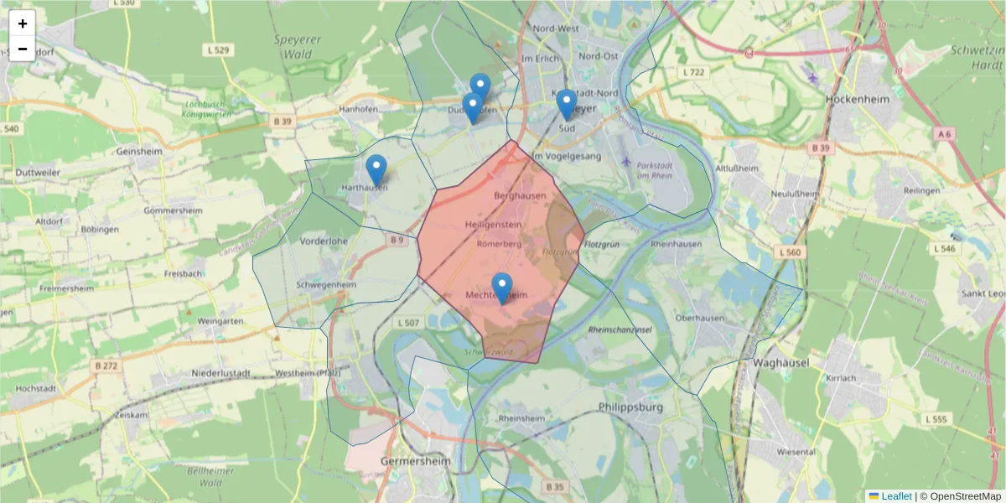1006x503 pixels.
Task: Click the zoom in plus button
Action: (x=23, y=23)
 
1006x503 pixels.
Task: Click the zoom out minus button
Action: (x=23, y=49)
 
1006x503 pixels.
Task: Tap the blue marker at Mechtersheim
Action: (x=502, y=288)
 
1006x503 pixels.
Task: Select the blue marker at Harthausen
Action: (x=376, y=170)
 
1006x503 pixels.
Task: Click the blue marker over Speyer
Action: (x=567, y=105)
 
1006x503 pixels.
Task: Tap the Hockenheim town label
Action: (x=851, y=97)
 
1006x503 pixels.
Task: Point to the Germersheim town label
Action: (x=415, y=461)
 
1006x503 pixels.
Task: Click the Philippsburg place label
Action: (x=630, y=407)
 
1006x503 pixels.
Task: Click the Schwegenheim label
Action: (x=326, y=284)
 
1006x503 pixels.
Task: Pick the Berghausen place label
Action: (x=520, y=195)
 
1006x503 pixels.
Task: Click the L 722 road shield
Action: (x=693, y=73)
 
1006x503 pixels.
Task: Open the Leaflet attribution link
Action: (x=896, y=496)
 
